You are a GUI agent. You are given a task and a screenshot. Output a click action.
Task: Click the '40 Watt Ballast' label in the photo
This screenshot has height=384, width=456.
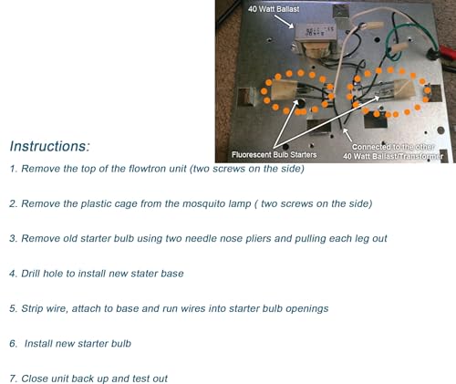(x=274, y=9)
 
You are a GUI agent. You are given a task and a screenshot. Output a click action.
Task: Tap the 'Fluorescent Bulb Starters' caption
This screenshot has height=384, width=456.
(x=274, y=155)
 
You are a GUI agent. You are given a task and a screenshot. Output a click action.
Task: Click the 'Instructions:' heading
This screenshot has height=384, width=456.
(x=50, y=146)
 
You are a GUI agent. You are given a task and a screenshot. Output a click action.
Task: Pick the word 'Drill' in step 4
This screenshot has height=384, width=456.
(x=30, y=274)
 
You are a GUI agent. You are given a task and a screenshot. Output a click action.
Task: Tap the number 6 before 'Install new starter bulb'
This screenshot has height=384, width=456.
(x=13, y=344)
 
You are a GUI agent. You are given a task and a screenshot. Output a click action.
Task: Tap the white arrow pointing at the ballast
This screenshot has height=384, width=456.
(x=285, y=21)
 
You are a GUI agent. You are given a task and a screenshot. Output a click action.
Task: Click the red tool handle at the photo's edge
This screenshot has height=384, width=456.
(x=448, y=52)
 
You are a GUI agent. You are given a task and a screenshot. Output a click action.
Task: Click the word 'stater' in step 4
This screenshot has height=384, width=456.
(x=144, y=274)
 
